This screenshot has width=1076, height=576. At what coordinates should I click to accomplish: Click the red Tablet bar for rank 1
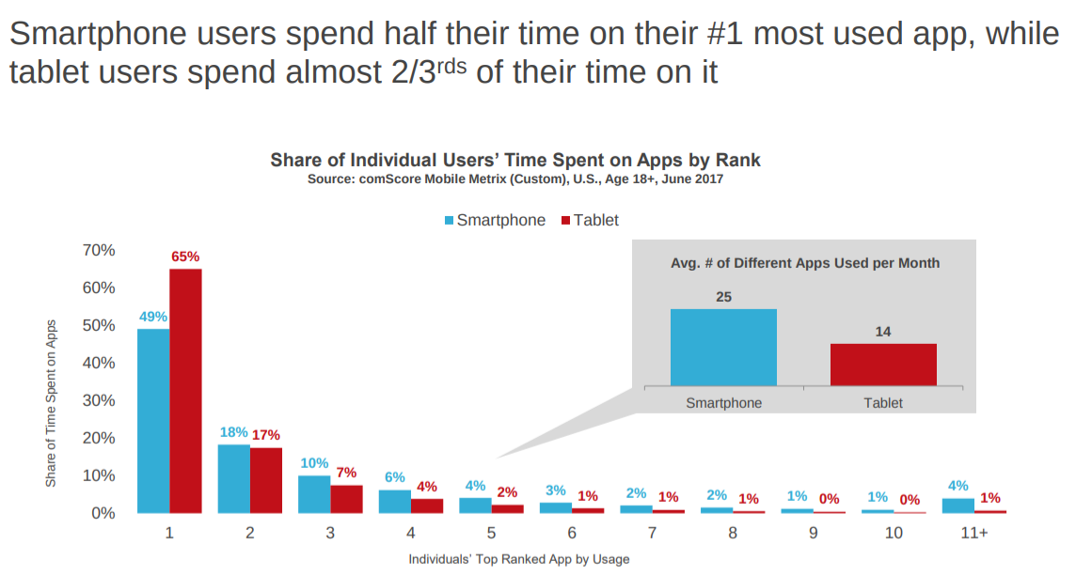coord(185,390)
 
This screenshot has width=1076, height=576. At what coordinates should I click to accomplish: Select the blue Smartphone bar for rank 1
coord(153,420)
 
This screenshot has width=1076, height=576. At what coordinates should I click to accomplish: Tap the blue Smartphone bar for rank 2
coord(234,478)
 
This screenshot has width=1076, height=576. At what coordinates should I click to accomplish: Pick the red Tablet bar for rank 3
coord(346,499)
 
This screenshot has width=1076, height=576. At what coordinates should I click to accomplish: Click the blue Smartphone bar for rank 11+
coord(958,506)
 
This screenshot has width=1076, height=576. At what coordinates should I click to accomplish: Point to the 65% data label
coord(185,257)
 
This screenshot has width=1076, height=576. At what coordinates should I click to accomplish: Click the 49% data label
coord(153,317)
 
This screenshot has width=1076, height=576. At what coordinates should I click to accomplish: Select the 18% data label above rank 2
coord(234,432)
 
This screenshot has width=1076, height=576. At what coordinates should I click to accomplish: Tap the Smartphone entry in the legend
coord(494,220)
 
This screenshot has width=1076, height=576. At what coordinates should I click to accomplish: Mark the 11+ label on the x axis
coord(974,533)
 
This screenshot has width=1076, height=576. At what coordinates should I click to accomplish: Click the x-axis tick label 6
coord(572,533)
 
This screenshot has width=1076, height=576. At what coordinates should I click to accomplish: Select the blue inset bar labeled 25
coord(723,347)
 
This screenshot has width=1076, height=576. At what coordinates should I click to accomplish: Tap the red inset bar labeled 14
coord(883,364)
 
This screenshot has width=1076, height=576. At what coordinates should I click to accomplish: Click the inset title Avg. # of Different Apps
coord(805,263)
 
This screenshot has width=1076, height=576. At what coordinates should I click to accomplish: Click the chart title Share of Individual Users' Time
coord(515,160)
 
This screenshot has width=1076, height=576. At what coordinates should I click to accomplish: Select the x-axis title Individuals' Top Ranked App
coord(518,559)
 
